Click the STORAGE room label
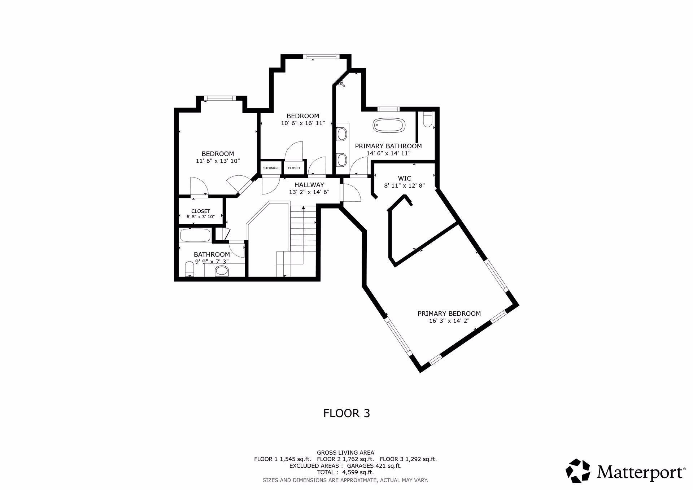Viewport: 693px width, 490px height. click(x=271, y=168)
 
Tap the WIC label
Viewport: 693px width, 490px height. click(x=404, y=179)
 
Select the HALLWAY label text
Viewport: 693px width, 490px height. click(x=309, y=185)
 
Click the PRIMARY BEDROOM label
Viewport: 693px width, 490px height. click(x=449, y=314)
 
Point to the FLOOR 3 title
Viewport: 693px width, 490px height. click(x=346, y=413)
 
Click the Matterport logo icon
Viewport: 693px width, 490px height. click(x=578, y=471)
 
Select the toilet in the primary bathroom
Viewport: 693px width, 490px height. click(x=427, y=120)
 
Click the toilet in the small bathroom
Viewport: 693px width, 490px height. click(x=189, y=269)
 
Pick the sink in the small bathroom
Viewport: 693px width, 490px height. click(x=222, y=271)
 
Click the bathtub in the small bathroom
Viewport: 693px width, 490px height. click(x=195, y=236)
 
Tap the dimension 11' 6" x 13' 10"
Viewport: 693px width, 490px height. click(x=218, y=161)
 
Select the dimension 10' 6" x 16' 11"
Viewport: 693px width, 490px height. click(x=303, y=123)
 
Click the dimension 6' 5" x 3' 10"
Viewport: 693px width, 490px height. click(x=201, y=217)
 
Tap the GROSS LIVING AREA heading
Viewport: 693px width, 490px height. click(x=345, y=452)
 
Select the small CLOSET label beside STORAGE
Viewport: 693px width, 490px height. click(x=294, y=168)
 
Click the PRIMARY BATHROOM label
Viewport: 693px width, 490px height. click(x=388, y=146)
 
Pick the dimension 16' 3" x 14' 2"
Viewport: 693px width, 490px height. click(x=449, y=321)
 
